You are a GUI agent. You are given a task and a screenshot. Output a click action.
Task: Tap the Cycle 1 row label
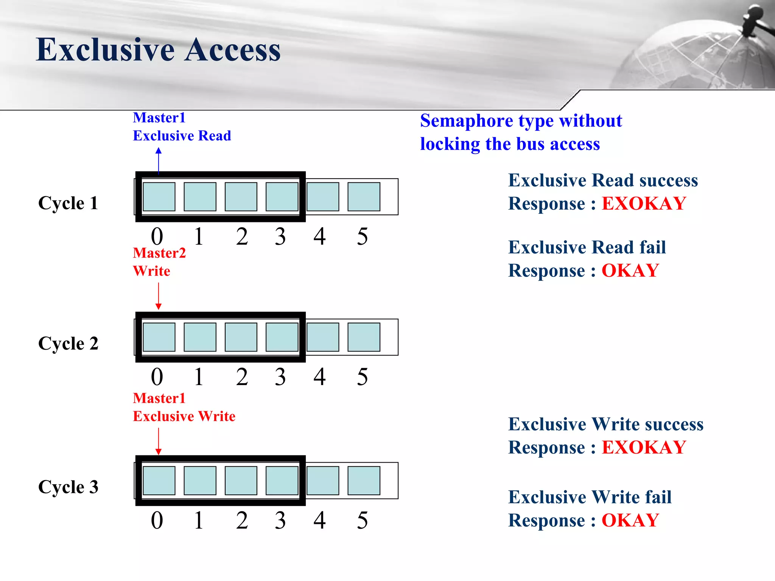(68, 203)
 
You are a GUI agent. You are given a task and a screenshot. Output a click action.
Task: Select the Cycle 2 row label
(68, 343)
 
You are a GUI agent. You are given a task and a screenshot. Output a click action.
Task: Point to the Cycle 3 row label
(68, 487)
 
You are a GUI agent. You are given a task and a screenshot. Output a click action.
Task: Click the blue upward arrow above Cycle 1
(159, 161)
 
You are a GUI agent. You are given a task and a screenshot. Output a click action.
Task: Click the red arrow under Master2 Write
(159, 296)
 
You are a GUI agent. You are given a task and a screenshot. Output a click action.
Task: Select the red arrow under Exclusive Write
(159, 441)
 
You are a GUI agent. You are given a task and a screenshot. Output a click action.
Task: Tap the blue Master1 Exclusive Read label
(182, 127)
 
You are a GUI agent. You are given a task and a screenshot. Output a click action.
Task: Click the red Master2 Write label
(159, 262)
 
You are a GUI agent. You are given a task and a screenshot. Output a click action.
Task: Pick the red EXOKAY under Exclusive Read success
(644, 204)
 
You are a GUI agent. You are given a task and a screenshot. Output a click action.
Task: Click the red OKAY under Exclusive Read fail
(630, 271)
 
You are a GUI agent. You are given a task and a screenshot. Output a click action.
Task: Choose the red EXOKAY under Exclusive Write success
(644, 447)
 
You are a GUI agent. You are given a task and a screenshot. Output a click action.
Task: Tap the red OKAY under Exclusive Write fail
(630, 520)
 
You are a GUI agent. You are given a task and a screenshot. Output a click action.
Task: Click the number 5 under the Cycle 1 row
(362, 237)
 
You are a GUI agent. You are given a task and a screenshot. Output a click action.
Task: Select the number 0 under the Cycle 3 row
(157, 520)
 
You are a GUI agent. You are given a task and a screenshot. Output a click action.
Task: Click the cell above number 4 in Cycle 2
(323, 337)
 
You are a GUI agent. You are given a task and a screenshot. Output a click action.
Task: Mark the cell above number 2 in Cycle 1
(241, 197)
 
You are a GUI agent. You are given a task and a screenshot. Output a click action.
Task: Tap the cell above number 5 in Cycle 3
(364, 480)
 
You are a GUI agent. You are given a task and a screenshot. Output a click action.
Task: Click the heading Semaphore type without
(521, 121)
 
